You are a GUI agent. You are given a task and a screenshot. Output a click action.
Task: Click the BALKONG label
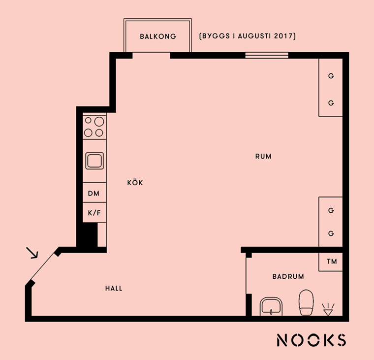click(158, 36)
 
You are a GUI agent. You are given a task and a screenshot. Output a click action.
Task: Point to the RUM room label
click(263, 157)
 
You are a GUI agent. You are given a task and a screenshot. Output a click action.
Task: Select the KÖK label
click(135, 183)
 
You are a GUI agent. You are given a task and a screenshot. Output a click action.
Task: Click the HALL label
click(114, 289)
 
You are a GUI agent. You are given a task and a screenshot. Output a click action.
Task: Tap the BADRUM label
click(288, 276)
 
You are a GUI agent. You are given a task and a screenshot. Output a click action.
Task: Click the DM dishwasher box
click(94, 193)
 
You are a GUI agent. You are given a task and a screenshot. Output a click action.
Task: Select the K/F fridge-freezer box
click(94, 212)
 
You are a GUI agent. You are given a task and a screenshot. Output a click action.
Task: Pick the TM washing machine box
click(331, 262)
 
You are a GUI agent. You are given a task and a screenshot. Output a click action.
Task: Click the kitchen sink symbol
click(94, 161)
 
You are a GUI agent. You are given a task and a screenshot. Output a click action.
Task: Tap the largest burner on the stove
click(99, 122)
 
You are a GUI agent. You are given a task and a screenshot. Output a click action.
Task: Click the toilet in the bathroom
click(306, 302)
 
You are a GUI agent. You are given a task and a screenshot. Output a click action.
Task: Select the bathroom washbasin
click(271, 306)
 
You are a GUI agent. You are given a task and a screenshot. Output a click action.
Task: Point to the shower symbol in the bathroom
click(328, 309)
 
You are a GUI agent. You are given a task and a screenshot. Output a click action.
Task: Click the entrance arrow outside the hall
click(32, 253)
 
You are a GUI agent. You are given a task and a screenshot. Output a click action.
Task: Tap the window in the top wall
click(267, 55)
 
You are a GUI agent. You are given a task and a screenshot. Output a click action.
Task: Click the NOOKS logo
click(312, 340)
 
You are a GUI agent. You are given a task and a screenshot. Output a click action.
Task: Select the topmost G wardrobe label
click(331, 76)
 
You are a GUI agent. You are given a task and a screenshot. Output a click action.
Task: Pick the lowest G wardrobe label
click(331, 233)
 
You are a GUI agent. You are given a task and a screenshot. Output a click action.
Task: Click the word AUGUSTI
click(255, 36)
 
